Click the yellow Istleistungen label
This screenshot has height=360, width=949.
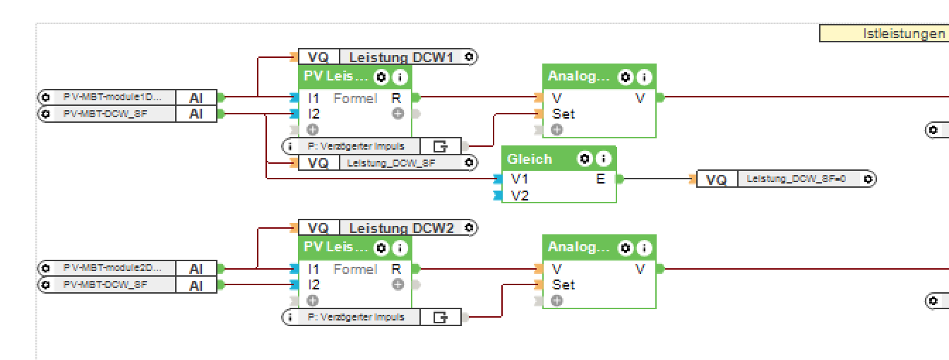pos(883,33)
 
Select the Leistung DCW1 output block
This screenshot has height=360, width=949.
pos(400,57)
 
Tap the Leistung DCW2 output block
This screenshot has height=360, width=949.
pos(400,228)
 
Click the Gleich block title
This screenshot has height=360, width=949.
pos(529,159)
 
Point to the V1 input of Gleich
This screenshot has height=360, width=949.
pos(520,179)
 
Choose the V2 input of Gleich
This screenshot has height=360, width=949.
pos(520,196)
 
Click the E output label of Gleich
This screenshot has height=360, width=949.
pos(600,179)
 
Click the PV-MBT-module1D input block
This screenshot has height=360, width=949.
pos(113,97)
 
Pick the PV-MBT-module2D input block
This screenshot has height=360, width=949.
pos(113,268)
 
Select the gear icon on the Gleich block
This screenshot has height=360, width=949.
pos(585,159)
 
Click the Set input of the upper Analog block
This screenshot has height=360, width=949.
pos(563,114)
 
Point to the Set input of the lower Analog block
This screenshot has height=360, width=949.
pos(563,285)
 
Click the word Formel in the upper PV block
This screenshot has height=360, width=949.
pos(355,99)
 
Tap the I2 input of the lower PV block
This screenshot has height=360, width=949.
pos(314,285)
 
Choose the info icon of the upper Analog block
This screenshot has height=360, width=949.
pos(643,78)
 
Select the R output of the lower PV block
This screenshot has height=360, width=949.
pos(396,269)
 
